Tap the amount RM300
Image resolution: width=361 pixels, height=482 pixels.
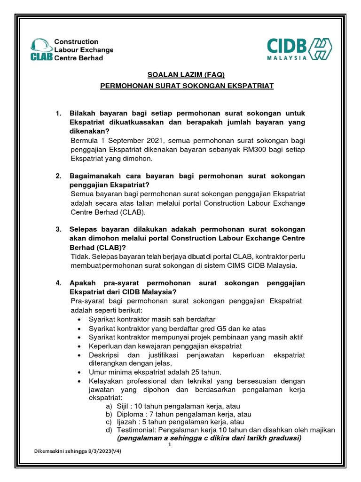click(259, 150)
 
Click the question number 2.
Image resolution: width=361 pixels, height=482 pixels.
click(59, 176)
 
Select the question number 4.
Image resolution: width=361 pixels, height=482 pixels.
click(59, 283)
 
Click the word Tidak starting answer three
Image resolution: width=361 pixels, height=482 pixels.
click(79, 257)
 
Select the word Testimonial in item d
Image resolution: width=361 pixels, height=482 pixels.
click(136, 430)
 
